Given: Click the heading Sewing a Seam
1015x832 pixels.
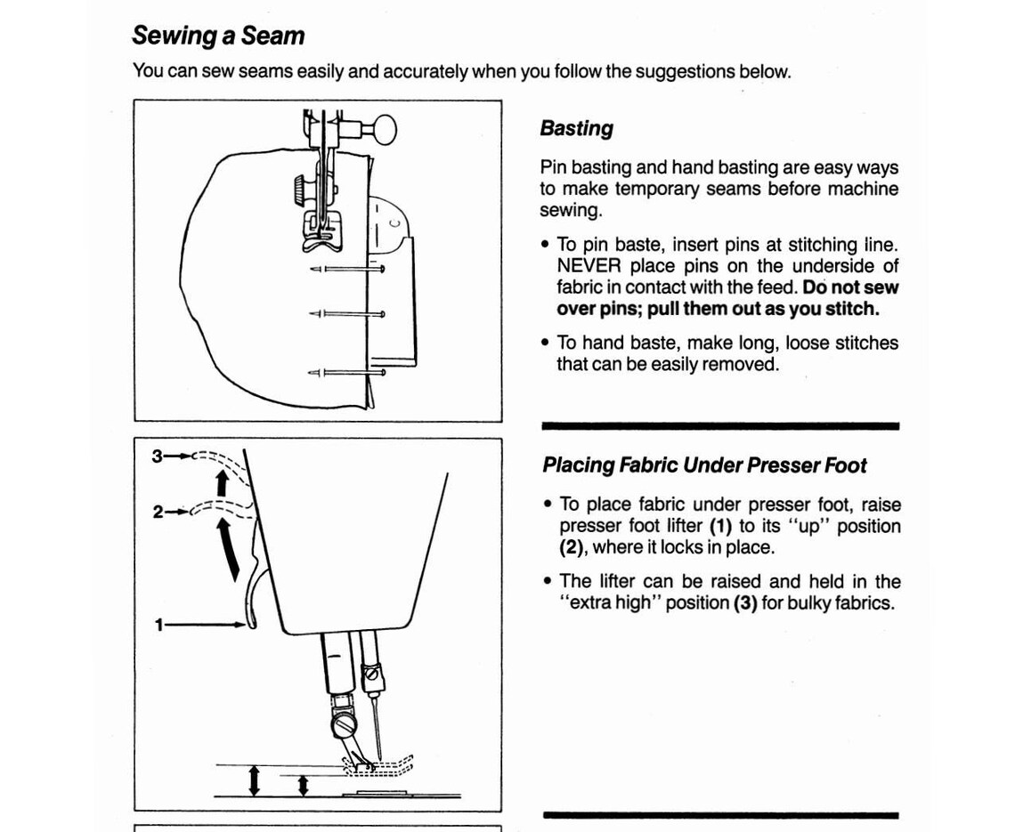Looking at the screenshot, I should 218,36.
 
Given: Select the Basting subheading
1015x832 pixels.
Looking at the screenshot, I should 576,128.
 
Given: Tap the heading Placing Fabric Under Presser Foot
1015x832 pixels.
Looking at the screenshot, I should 704,465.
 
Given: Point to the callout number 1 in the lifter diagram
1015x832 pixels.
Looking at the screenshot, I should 159,626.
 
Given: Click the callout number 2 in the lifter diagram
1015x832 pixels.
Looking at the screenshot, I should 158,512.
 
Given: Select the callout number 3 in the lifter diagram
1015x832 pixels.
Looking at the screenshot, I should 158,456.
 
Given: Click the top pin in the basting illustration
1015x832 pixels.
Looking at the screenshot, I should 348,268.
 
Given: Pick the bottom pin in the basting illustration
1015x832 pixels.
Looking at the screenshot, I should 348,372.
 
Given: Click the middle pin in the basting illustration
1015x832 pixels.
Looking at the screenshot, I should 348,313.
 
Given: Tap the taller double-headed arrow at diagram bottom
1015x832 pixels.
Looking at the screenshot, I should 255,779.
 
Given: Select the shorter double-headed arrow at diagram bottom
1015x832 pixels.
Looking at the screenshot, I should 303,785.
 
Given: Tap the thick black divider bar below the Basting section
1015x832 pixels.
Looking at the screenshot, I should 719,426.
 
